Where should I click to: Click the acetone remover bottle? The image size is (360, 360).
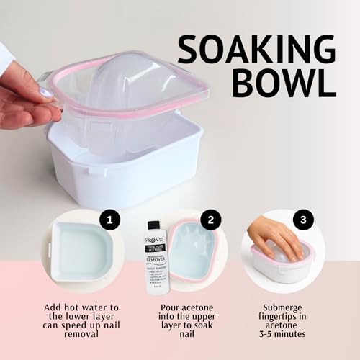[x=153, y=256]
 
